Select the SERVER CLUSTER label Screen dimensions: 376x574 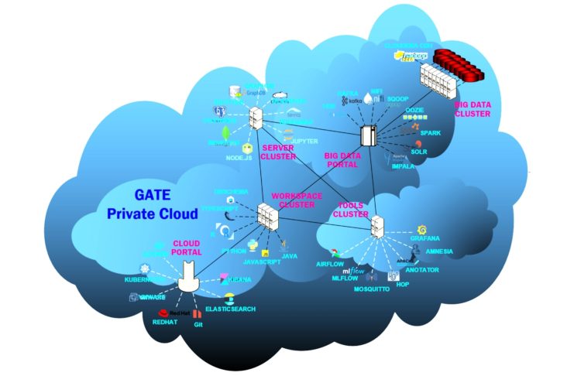coord(280,152)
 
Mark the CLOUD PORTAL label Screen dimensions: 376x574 coord(187,248)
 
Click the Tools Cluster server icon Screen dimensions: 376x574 coord(377,226)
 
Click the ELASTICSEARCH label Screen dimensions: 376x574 coord(232,309)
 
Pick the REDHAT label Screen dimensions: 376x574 coord(165,322)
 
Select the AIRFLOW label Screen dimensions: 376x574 coord(330,264)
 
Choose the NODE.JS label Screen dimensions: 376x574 coord(240,158)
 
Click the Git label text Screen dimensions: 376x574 coord(199,326)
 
